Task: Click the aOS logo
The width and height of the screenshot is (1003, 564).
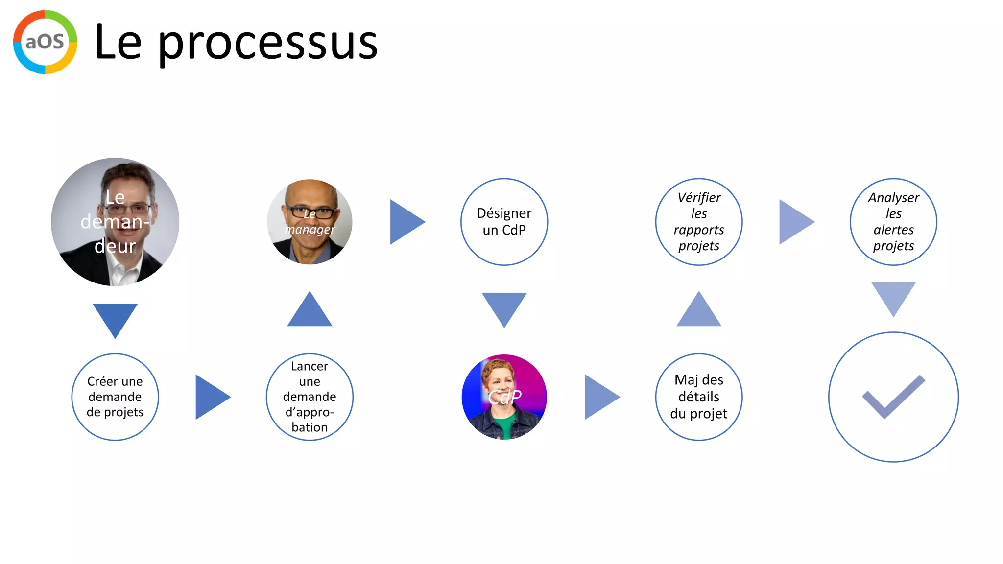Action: tap(45, 42)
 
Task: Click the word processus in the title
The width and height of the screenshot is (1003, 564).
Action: tap(268, 43)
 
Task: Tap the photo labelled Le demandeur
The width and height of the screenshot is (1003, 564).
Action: tap(115, 222)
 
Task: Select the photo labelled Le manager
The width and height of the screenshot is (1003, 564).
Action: tap(310, 222)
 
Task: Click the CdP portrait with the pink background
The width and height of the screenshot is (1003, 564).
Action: tap(504, 397)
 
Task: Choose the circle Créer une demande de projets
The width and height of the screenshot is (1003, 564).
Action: tap(115, 397)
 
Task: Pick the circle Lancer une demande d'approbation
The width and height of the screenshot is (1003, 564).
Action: tap(310, 397)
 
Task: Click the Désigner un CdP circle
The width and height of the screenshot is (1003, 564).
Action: tap(504, 222)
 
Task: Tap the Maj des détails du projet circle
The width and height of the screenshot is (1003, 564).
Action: tap(699, 397)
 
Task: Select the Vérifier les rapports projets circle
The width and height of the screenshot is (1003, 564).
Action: tap(699, 222)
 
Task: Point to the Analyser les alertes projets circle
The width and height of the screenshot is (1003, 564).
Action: tap(893, 222)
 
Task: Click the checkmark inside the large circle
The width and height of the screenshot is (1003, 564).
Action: tap(893, 397)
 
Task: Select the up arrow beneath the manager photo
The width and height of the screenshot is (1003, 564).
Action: tap(310, 312)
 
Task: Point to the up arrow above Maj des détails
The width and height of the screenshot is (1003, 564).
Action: tap(699, 312)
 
